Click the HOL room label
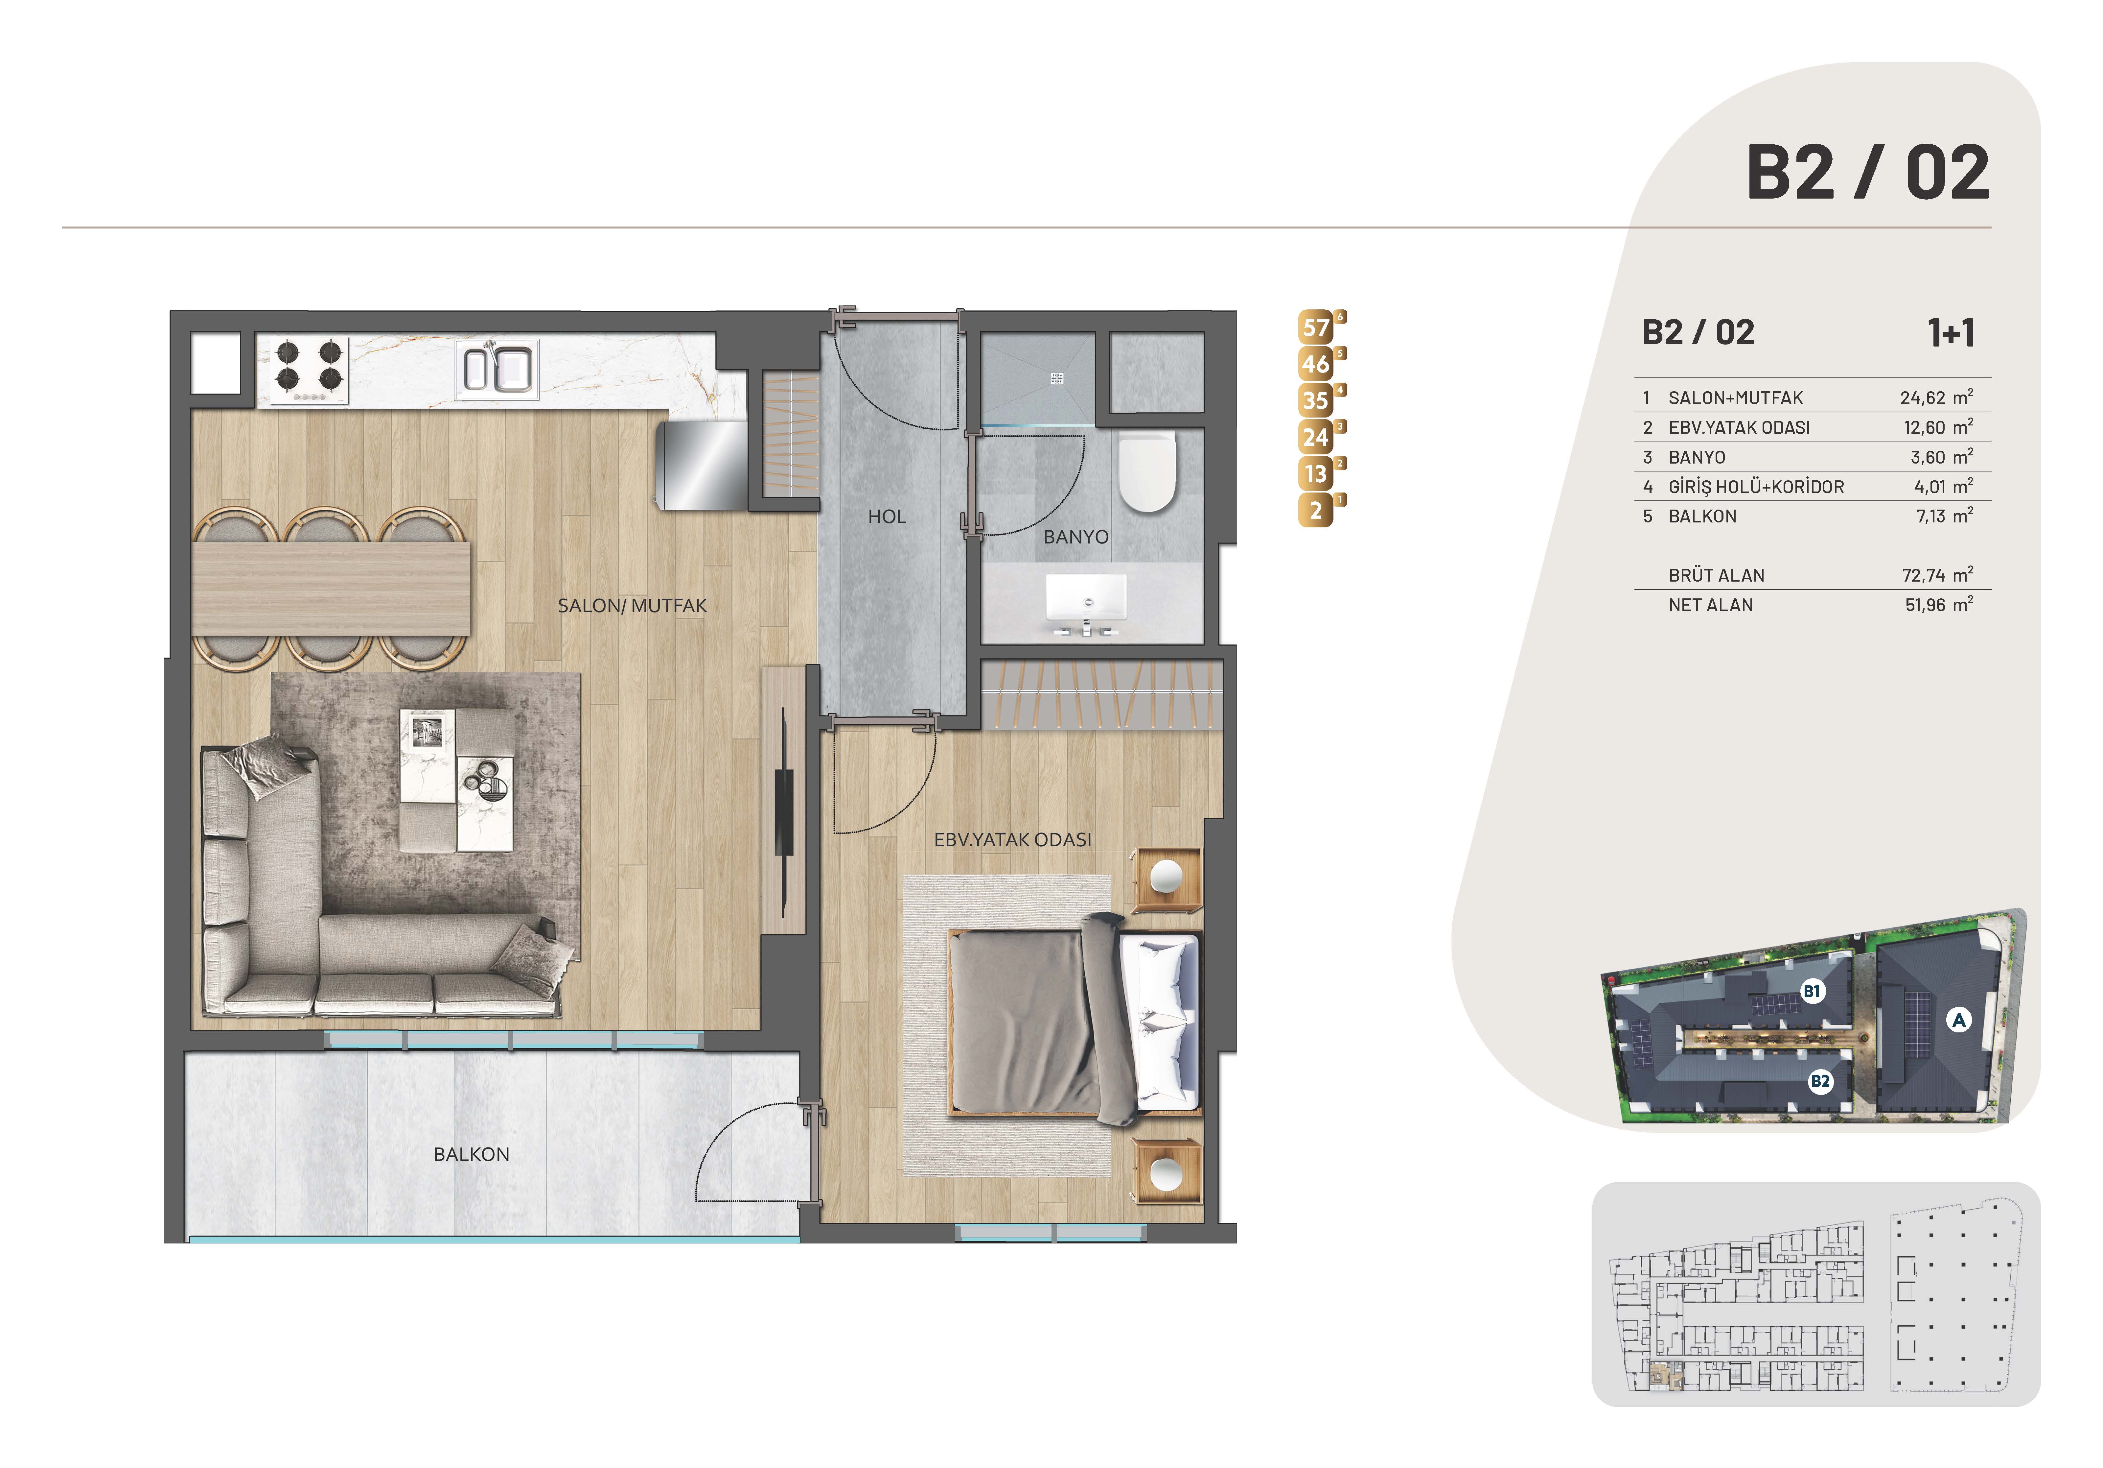pyautogui.click(x=887, y=517)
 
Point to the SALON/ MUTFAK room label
pyautogui.click(x=632, y=606)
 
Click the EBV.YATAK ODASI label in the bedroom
pyautogui.click(x=1012, y=839)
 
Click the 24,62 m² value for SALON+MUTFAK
pyautogui.click(x=1936, y=398)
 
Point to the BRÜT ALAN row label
pyautogui.click(x=1717, y=575)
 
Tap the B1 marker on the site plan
pyautogui.click(x=1812, y=991)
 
